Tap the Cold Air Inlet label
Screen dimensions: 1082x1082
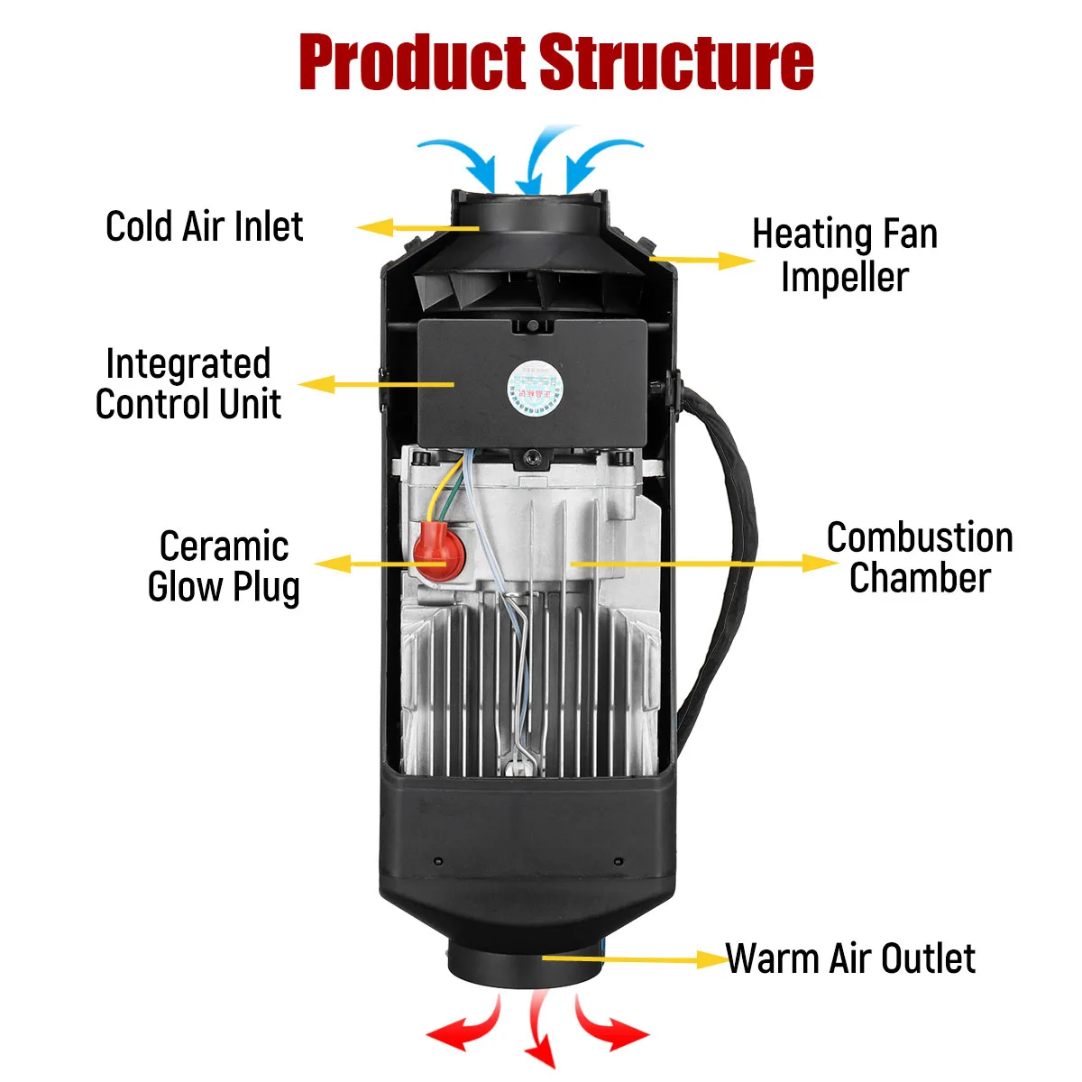pos(205,226)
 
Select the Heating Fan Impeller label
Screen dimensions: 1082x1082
pos(845,255)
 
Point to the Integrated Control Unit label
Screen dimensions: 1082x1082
pos(188,384)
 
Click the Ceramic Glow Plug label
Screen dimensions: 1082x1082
pos(224,566)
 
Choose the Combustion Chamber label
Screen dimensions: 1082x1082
pos(920,557)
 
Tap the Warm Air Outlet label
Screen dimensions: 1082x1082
pos(850,958)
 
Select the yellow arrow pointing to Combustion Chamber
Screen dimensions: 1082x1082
pos(703,564)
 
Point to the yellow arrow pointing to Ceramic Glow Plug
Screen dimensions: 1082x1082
pos(379,564)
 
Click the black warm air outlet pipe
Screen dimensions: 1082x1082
pos(525,965)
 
